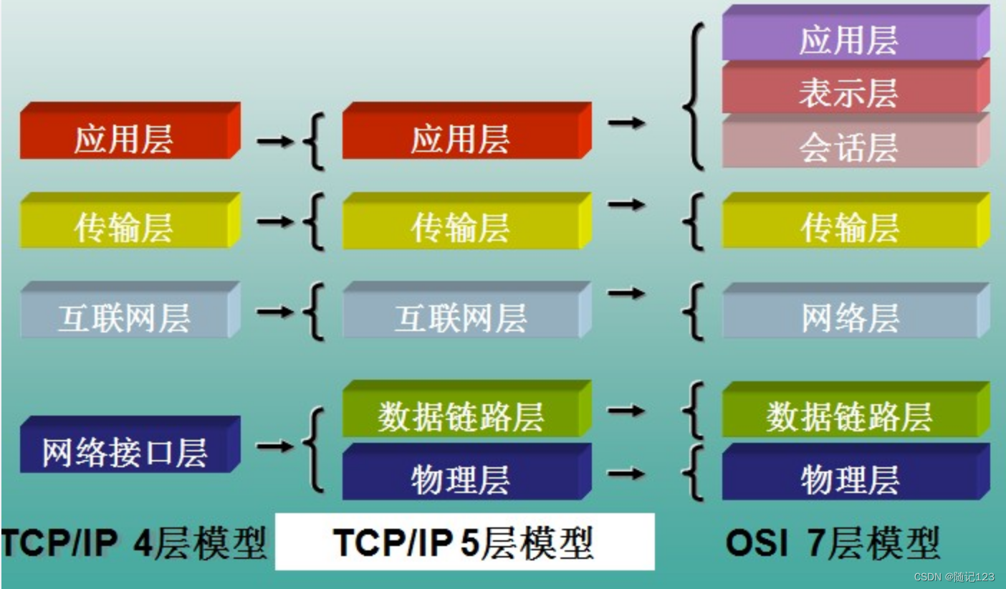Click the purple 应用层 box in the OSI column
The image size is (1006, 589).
[x=850, y=39]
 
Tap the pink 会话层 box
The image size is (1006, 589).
[x=850, y=147]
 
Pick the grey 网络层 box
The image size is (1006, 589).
[x=850, y=317]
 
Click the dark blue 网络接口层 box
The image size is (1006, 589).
[x=125, y=451]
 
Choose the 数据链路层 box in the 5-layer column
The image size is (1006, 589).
[x=461, y=416]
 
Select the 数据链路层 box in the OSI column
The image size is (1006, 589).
[x=850, y=416]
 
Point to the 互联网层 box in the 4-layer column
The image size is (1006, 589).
[x=125, y=317]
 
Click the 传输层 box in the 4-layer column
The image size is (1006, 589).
[x=125, y=227]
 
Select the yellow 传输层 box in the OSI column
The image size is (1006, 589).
[x=850, y=227]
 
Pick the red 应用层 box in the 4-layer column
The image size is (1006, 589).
[x=125, y=138]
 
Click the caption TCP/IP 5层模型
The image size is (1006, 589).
[x=464, y=542]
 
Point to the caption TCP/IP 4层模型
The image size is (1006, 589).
[x=133, y=542]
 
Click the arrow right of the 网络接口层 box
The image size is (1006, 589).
[x=274, y=446]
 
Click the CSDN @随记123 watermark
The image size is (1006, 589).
[x=954, y=577]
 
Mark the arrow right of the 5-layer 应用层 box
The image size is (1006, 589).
[x=626, y=123]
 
